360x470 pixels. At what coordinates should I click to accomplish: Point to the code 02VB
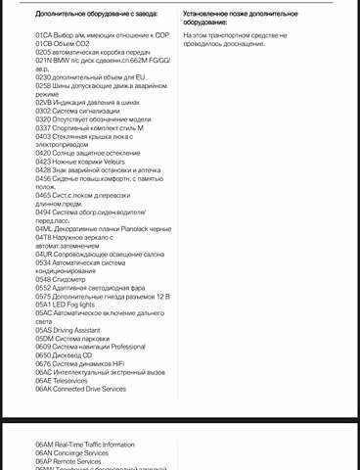43,100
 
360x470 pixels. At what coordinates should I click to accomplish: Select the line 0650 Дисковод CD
69,354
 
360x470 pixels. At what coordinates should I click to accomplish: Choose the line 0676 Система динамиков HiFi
87,363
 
